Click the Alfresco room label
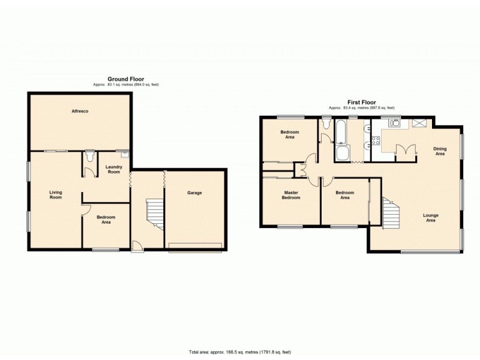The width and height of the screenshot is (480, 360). pos(80,111)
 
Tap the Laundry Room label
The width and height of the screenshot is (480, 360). pos(113,169)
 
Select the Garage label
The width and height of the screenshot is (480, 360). pos(194,193)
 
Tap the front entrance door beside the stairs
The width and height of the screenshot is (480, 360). pos(137,245)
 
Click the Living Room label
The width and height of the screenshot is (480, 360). pos(55,195)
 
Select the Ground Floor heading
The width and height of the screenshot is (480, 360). pos(125,79)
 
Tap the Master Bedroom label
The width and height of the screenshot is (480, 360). pos(291,195)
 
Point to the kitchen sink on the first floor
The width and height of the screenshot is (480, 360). pos(394,124)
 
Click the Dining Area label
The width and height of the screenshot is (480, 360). pos(440,151)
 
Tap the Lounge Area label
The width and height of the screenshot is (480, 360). pos(430,218)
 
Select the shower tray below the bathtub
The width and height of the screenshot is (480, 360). pos(343,154)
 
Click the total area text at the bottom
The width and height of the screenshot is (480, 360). pos(239,352)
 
